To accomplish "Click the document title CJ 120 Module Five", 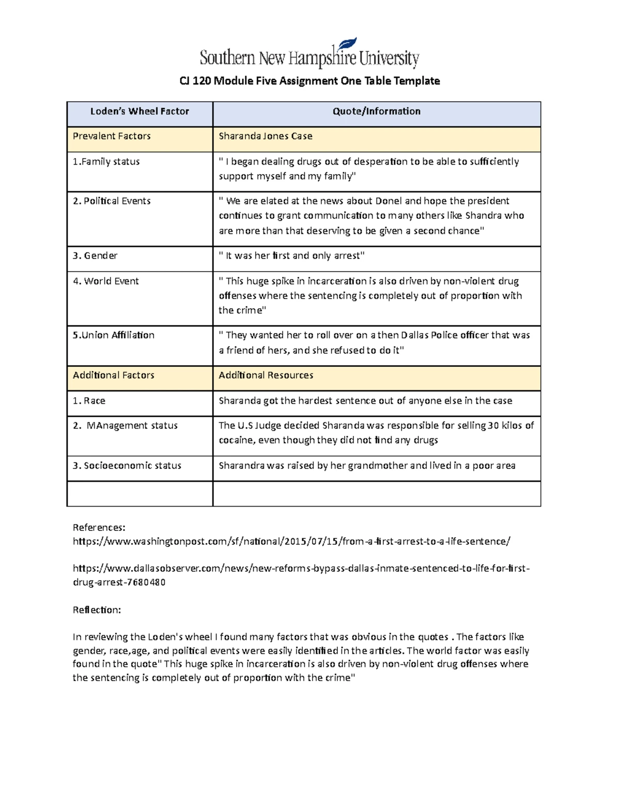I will pyautogui.click(x=309, y=81).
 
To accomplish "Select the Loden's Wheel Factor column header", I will pyautogui.click(x=139, y=112).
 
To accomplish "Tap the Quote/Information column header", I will pyautogui.click(x=376, y=112).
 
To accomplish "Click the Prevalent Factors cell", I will pyautogui.click(x=112, y=136).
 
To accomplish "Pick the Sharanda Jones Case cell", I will pyautogui.click(x=266, y=136).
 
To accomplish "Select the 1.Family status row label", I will pyautogui.click(x=106, y=162).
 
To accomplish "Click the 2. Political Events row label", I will pyautogui.click(x=112, y=201).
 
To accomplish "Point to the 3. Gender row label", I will pyautogui.click(x=95, y=256).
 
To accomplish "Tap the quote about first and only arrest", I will pyautogui.click(x=292, y=256).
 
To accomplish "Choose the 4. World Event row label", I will pyautogui.click(x=106, y=281).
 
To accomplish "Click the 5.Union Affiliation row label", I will pyautogui.click(x=114, y=335).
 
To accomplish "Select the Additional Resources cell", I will pyautogui.click(x=266, y=375).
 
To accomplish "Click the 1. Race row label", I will pyautogui.click(x=89, y=401).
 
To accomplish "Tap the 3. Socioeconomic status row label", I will pyautogui.click(x=127, y=466).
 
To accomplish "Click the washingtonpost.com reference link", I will pyautogui.click(x=291, y=541).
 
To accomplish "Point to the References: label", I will pyautogui.click(x=99, y=527).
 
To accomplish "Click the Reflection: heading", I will pyautogui.click(x=97, y=610).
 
